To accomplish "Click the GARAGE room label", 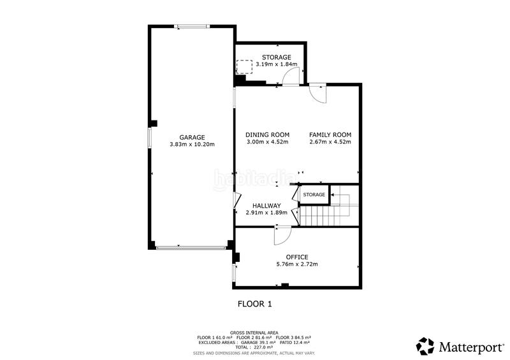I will point(192,138).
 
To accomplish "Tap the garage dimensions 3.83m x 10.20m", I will point(192,145).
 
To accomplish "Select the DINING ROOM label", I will point(268,134).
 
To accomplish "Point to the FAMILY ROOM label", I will point(330,134).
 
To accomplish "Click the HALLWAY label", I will point(266,205).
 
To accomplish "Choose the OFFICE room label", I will point(296,257).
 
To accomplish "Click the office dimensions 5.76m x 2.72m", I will point(296,264).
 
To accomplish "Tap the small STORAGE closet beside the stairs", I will point(314,194).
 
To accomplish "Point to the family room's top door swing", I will point(317,92).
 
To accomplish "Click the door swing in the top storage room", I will point(290,76).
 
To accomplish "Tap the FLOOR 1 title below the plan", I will point(255,304).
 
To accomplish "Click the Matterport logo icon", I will point(425,346).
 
